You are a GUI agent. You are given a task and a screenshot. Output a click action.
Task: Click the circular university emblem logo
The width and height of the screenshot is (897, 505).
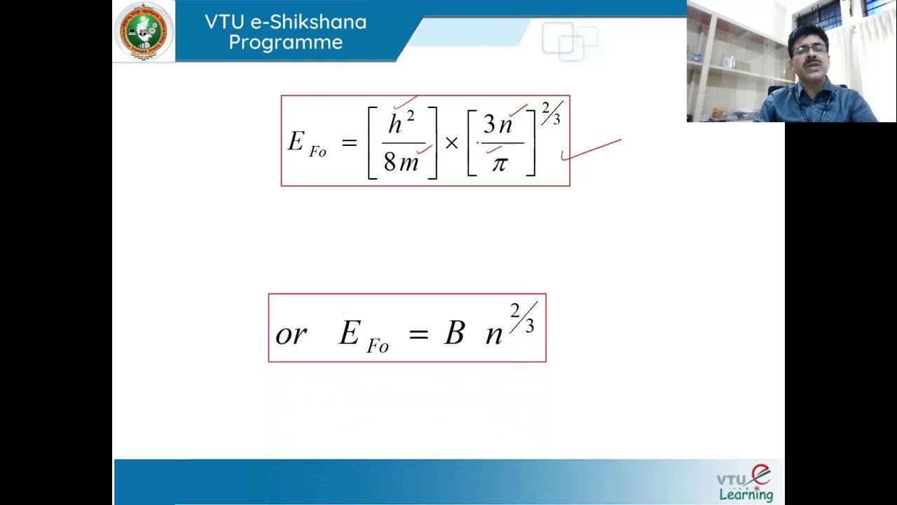(x=144, y=31)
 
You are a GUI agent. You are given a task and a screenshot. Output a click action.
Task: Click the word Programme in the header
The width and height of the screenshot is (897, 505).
(x=285, y=42)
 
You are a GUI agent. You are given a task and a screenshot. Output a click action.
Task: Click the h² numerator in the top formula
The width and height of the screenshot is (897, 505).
(x=401, y=124)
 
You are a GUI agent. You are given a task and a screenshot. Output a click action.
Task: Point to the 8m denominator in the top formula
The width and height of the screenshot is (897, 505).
(x=401, y=163)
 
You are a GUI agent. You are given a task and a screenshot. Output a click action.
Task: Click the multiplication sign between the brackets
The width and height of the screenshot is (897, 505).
(x=451, y=143)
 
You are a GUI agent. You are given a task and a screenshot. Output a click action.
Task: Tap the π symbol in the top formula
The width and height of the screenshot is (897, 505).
(x=499, y=164)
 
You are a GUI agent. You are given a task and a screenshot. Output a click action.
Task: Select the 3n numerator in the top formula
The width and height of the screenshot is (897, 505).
(x=498, y=125)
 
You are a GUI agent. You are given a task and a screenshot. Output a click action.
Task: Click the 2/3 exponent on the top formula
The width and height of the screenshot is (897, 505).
(x=551, y=113)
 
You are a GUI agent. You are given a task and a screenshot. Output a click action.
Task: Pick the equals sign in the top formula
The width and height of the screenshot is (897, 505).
(x=348, y=143)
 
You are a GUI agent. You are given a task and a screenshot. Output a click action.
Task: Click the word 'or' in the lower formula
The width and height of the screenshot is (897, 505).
(x=291, y=335)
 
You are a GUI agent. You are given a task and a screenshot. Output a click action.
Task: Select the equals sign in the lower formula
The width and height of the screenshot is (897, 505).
(x=418, y=334)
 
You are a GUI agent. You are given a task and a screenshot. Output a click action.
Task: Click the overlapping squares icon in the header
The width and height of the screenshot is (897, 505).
(x=569, y=41)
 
